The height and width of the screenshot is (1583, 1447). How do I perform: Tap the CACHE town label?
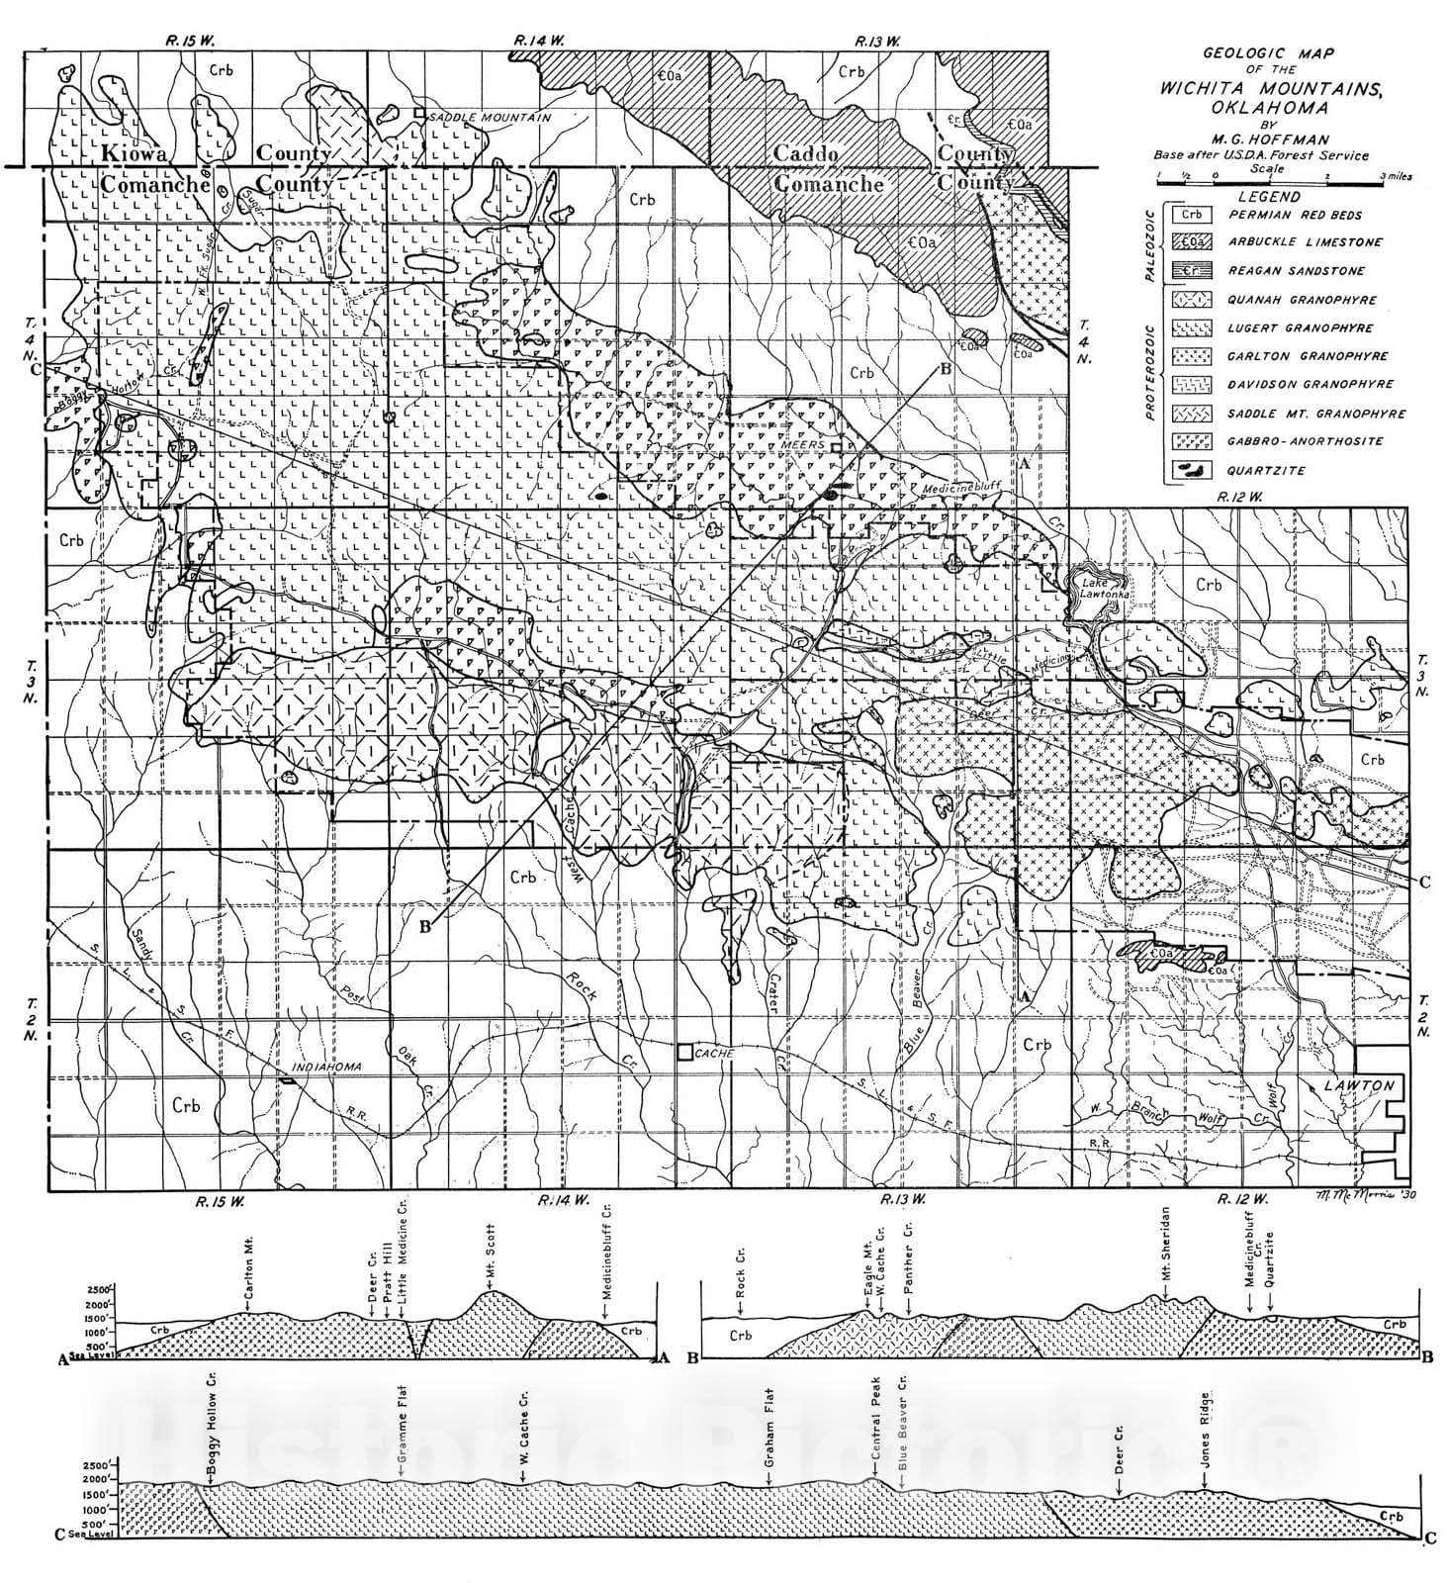pos(714,1054)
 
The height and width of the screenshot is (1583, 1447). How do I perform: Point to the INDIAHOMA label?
pos(329,1068)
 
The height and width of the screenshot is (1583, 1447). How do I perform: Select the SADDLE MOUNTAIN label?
pos(490,117)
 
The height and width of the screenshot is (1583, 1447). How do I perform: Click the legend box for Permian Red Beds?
pos(1193,214)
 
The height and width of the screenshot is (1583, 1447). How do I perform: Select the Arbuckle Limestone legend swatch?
pos(1193,241)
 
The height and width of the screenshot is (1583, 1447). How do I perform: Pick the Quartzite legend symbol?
pos(1193,470)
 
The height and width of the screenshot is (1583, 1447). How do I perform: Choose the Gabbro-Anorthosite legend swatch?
pos(1193,441)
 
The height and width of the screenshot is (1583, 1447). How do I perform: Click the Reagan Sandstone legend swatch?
pos(1193,270)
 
